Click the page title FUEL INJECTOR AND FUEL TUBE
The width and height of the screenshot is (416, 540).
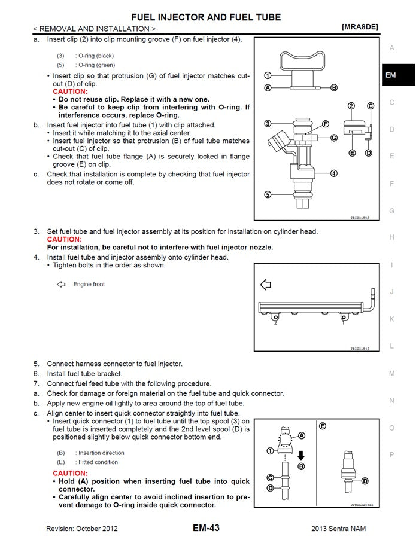pyautogui.click(x=206, y=17)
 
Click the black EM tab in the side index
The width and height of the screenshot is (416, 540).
pyautogui.click(x=390, y=75)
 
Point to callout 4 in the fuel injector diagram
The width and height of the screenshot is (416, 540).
pyautogui.click(x=333, y=173)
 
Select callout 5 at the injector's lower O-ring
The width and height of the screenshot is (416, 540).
pyautogui.click(x=268, y=194)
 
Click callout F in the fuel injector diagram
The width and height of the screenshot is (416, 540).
pyautogui.click(x=326, y=124)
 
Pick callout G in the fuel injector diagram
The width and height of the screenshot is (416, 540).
pyautogui.click(x=333, y=138)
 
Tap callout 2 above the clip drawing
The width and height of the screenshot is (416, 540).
pyautogui.click(x=351, y=106)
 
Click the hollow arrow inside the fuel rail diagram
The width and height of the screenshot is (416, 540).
pyautogui.click(x=265, y=285)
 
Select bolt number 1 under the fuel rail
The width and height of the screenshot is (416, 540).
pyautogui.click(x=343, y=323)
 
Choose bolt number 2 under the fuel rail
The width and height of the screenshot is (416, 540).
pyautogui.click(x=275, y=323)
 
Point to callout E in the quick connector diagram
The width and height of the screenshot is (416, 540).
pyautogui.click(x=323, y=426)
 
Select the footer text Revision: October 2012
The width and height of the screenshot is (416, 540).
pyautogui.click(x=82, y=529)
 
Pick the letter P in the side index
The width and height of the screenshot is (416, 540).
pyautogui.click(x=391, y=454)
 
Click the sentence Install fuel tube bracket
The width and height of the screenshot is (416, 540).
pyautogui.click(x=84, y=373)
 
